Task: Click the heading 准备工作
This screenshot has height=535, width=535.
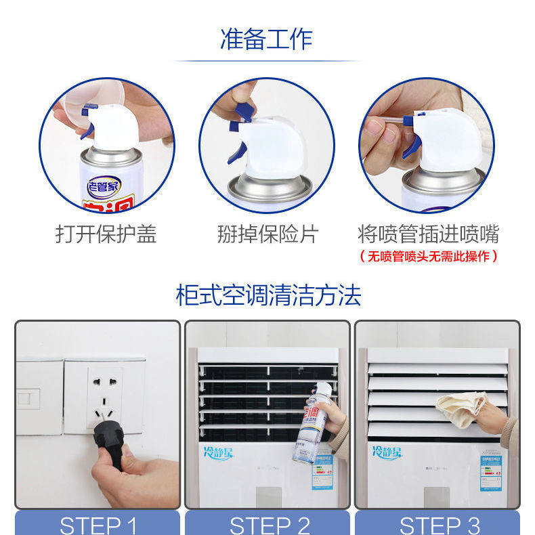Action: coord(267,39)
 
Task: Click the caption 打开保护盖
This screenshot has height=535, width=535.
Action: coord(106,234)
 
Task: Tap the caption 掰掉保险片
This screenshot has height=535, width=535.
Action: coord(267,234)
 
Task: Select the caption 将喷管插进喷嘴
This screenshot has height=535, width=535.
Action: coord(428,234)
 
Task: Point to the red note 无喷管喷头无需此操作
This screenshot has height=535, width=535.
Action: coord(428,256)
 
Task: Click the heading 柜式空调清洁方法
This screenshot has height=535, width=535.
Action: coord(268,295)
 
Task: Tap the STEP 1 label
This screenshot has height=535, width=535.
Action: coord(98,525)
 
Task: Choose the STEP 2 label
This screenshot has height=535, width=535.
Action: coord(269,525)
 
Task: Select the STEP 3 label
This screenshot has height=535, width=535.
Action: coord(439,525)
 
